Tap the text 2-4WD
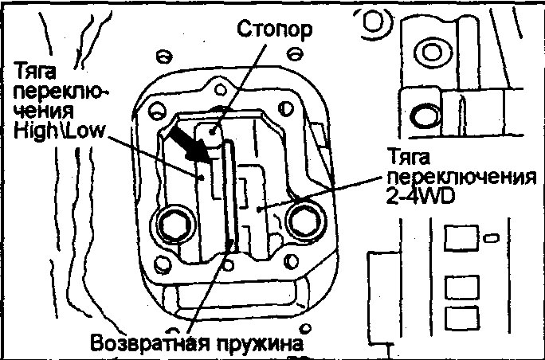point(416,193)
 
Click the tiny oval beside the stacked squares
point(491,237)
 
